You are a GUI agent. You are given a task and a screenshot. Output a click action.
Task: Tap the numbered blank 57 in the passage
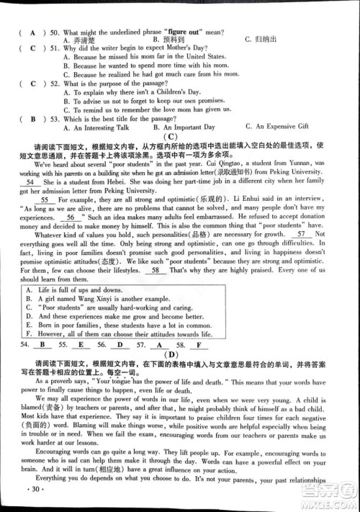coord(303,254)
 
